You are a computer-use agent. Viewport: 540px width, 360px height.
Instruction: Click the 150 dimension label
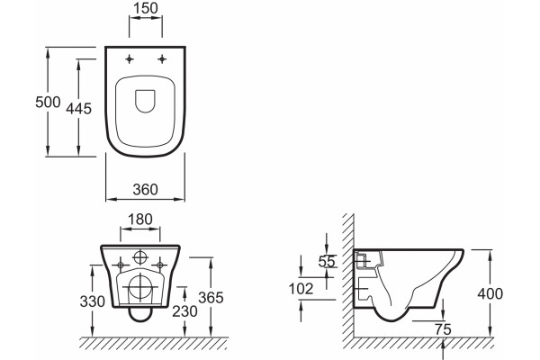pyautogui.click(x=145, y=8)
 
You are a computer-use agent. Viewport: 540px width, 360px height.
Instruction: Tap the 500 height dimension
pyautogui.click(x=48, y=102)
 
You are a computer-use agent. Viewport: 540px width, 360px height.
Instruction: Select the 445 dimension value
pyautogui.click(x=79, y=109)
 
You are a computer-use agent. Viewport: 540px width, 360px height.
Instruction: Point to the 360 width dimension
pyautogui.click(x=145, y=190)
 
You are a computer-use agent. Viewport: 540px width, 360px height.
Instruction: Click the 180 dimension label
pyautogui.click(x=139, y=219)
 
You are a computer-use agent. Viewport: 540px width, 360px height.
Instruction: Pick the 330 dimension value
pyautogui.click(x=93, y=301)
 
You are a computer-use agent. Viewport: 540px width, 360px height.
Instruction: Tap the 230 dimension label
pyautogui.click(x=184, y=311)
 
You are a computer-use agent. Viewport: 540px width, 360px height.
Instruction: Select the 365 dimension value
pyautogui.click(x=211, y=298)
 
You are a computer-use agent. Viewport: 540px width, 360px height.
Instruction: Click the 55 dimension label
pyautogui.click(x=327, y=262)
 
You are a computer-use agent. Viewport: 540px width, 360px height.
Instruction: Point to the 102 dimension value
pyautogui.click(x=301, y=289)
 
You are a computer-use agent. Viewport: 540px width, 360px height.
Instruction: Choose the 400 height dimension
pyautogui.click(x=490, y=294)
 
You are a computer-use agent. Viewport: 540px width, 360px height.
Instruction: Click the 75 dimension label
pyautogui.click(x=443, y=329)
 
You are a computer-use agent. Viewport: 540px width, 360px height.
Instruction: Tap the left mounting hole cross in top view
pyautogui.click(x=129, y=59)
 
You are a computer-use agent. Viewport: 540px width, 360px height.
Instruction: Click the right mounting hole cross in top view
pyautogui.click(x=162, y=59)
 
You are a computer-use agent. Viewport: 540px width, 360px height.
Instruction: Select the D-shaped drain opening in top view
pyautogui.click(x=145, y=102)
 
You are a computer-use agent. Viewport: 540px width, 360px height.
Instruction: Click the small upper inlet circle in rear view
pyautogui.click(x=140, y=257)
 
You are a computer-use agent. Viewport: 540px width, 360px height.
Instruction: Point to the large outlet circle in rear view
pyautogui.click(x=140, y=287)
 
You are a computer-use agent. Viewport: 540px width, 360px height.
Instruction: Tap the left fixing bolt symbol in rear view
pyautogui.click(x=121, y=265)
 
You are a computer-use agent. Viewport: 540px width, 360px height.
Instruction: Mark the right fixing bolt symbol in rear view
pyautogui.click(x=160, y=265)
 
